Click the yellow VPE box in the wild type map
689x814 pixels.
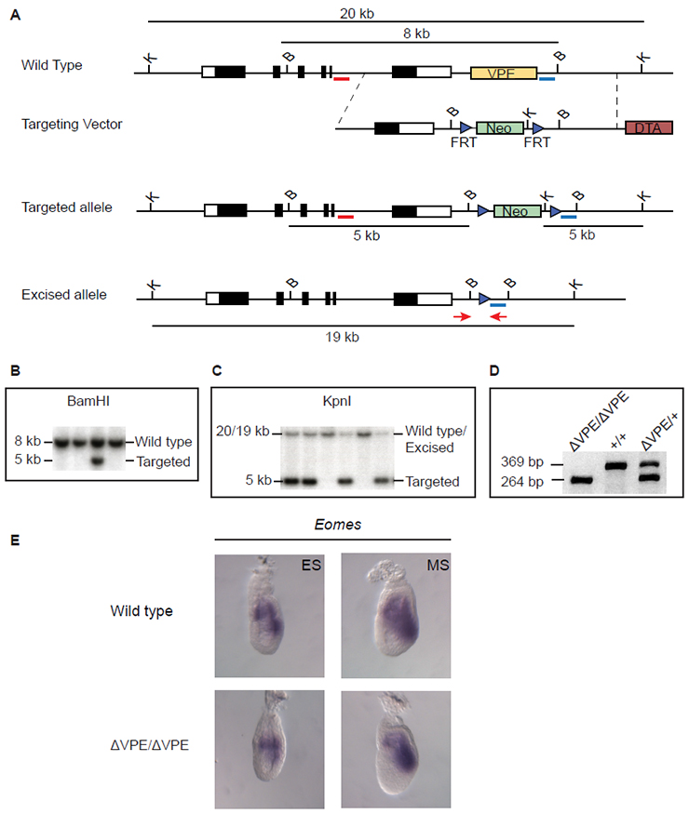pyautogui.click(x=503, y=73)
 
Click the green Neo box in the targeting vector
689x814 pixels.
pyautogui.click(x=498, y=128)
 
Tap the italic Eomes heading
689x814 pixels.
pyautogui.click(x=332, y=526)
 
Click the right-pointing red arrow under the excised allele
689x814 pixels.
pyautogui.click(x=461, y=317)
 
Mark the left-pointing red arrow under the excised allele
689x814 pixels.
pyautogui.click(x=500, y=317)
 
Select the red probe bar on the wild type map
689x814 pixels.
pyautogui.click(x=341, y=80)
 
